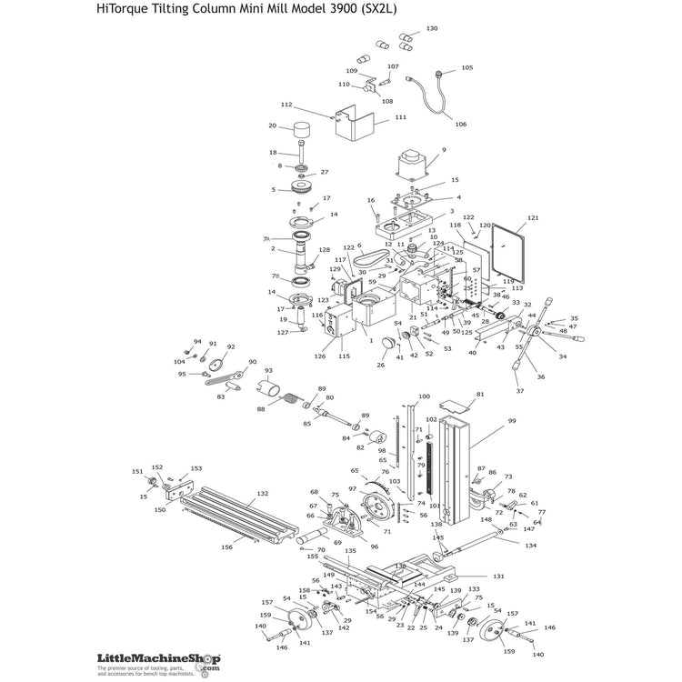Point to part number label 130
coord(431,29)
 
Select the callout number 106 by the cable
coord(460,125)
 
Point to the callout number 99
coord(511,421)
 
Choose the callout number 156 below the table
coord(227,547)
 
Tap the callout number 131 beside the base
coord(498,577)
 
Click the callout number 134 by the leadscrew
coord(531,545)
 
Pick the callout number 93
coord(268,370)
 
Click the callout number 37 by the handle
coord(520,391)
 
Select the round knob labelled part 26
coord(388,346)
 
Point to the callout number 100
coord(423,396)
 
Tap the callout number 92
coord(231,346)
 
